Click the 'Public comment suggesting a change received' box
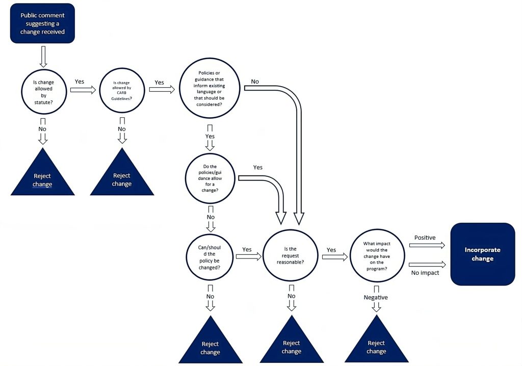coord(42,23)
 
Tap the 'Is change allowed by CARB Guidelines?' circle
coord(122,90)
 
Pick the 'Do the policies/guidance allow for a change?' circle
coord(210,178)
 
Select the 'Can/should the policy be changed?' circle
coord(210,256)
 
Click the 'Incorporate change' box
coord(482,254)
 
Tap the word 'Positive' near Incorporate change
coord(425,238)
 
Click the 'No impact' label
coord(425,273)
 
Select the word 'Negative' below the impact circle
coord(376,298)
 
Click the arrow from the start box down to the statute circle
coord(43,56)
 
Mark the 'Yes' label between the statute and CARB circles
coord(80,81)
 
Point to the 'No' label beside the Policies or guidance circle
coord(255,82)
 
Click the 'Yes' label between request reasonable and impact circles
coord(331,250)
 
